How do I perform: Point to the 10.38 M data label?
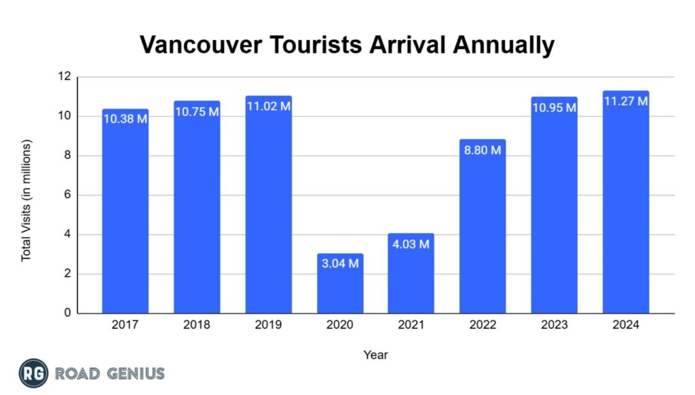tap(126, 119)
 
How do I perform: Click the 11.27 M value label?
tap(626, 101)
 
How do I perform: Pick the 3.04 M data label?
tap(340, 263)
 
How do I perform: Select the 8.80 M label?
tap(483, 150)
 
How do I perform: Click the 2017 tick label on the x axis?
tap(126, 326)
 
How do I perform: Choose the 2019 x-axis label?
tap(269, 326)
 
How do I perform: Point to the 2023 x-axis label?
tap(555, 326)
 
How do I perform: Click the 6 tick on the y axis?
tap(67, 195)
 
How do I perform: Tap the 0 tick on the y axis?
tap(67, 314)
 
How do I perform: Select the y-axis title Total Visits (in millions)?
tap(26, 201)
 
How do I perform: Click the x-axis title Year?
tap(375, 354)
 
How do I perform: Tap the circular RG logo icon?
tap(33, 374)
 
